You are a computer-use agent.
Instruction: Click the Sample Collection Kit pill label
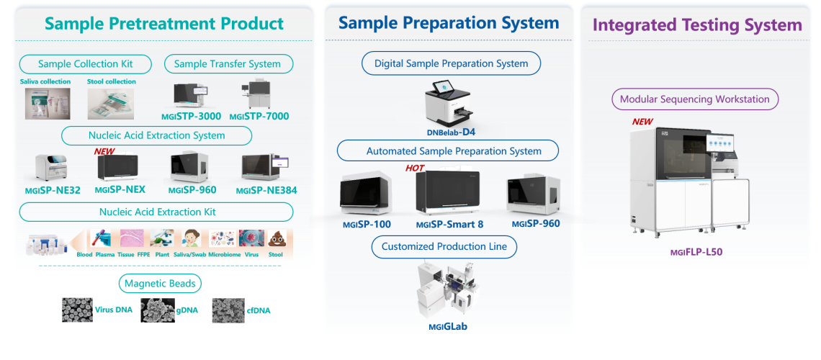click(x=86, y=63)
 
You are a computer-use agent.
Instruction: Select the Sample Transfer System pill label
click(x=228, y=63)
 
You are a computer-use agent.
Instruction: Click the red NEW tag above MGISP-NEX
click(x=105, y=151)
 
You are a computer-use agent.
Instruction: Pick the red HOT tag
click(x=415, y=168)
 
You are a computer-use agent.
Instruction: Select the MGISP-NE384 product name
click(x=266, y=190)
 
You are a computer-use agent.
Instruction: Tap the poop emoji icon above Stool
click(x=277, y=239)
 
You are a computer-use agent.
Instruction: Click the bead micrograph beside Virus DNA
click(x=77, y=310)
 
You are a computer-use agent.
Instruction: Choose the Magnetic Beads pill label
click(x=161, y=283)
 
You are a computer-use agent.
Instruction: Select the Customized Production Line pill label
click(x=444, y=246)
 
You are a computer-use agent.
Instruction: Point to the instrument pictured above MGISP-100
click(x=366, y=194)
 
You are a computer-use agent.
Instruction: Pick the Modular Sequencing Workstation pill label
click(x=694, y=99)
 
